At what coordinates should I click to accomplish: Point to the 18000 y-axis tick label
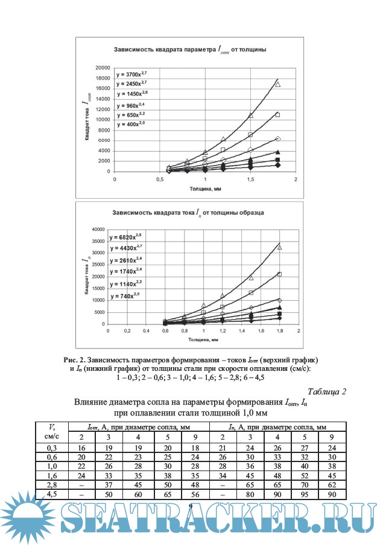click(103, 78)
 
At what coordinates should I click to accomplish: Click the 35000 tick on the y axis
click(98, 241)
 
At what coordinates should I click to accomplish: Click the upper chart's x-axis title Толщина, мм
click(205, 188)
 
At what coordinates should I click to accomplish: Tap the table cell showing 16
click(81, 447)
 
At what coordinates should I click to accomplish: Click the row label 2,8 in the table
click(51, 485)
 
